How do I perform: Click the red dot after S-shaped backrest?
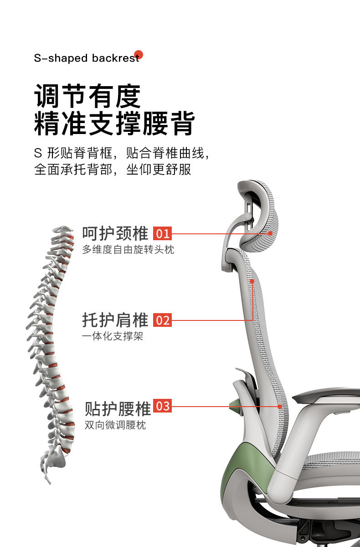pos(139,55)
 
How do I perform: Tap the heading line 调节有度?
pos(87,96)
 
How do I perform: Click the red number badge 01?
pos(163,234)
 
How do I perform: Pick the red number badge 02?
pos(163,320)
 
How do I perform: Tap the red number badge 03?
pos(163,406)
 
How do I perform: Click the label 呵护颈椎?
pos(115,233)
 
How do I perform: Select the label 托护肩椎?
pos(115,320)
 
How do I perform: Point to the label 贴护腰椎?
pos(118,408)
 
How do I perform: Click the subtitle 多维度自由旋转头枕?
pos(128,250)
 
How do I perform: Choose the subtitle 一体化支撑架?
pos(113,337)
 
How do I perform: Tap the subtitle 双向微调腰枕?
pos(115,425)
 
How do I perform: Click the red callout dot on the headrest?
pos(270,233)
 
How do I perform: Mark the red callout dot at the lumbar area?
pos(280,406)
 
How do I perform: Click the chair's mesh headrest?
pos(260,219)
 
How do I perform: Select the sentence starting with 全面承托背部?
pos(113,170)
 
